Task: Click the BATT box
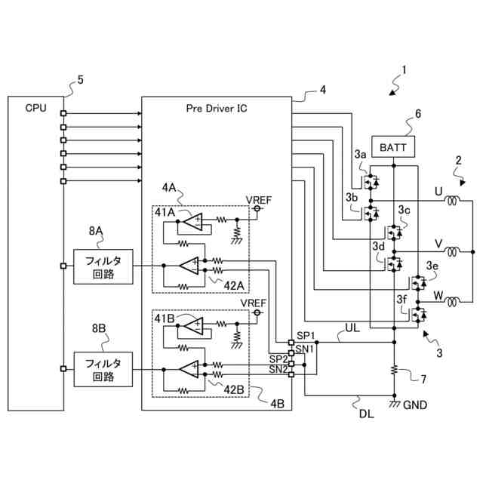click(x=393, y=147)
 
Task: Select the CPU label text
click(x=35, y=108)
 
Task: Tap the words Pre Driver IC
click(x=217, y=109)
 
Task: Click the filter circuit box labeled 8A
click(x=103, y=266)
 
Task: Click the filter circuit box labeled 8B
click(x=103, y=369)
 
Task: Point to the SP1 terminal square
click(x=291, y=342)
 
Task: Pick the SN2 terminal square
click(x=291, y=374)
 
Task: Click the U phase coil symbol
click(x=452, y=201)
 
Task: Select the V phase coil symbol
click(x=452, y=251)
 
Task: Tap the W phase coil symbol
click(x=452, y=302)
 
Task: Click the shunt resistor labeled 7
click(x=394, y=370)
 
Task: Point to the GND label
click(x=414, y=405)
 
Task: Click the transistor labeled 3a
click(x=371, y=182)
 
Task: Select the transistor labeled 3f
click(x=418, y=315)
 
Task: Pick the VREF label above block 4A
click(x=259, y=200)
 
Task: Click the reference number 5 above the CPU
click(x=81, y=80)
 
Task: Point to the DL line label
click(x=367, y=414)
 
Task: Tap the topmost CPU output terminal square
click(x=63, y=113)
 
